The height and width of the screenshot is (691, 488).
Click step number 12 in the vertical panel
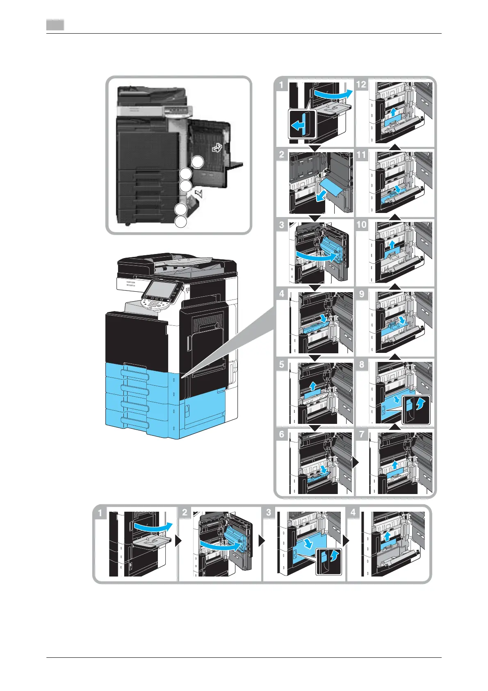coord(361,85)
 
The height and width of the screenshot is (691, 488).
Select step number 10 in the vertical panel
coord(361,225)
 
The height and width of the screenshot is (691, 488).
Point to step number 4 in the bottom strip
coord(353,513)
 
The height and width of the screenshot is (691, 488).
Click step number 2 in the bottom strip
coord(185,513)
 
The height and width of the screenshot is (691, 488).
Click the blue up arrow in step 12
coord(393,112)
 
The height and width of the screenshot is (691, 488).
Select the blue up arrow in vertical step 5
coord(313,386)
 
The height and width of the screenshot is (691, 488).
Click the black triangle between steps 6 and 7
coord(355,462)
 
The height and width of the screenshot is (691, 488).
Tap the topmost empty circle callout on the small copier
coord(198,162)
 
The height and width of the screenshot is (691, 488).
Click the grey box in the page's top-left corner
coord(55,25)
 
